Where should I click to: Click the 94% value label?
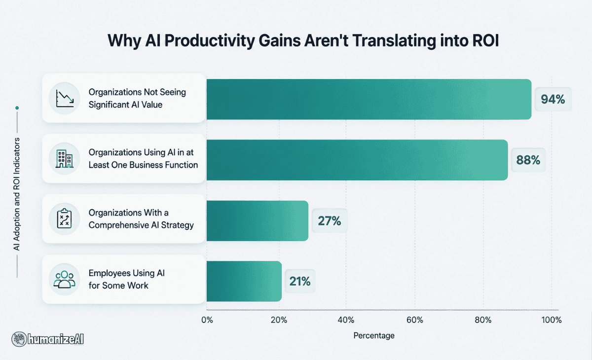pyautogui.click(x=553, y=99)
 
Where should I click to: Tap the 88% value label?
pyautogui.click(x=528, y=160)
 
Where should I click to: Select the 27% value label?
pyautogui.click(x=330, y=221)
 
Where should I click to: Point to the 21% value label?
pyautogui.click(x=300, y=281)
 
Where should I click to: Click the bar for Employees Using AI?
pyautogui.click(x=244, y=281)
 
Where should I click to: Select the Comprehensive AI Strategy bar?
pyautogui.click(x=258, y=221)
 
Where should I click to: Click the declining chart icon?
pyautogui.click(x=65, y=98)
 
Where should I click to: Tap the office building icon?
pyautogui.click(x=65, y=159)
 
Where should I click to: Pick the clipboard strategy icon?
pyautogui.click(x=64, y=218)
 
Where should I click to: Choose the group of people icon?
pyautogui.click(x=64, y=280)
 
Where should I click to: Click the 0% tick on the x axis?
pyautogui.click(x=207, y=320)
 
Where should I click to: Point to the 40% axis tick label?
pyautogui.click(x=346, y=320)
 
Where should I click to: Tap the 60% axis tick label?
pyautogui.click(x=415, y=320)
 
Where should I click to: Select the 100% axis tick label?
pyautogui.click(x=552, y=320)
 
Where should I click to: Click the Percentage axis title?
pyautogui.click(x=374, y=336)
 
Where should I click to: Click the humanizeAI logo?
pyautogui.click(x=47, y=339)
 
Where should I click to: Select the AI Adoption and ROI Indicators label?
pyautogui.click(x=17, y=194)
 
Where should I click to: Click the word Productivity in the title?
pyautogui.click(x=209, y=41)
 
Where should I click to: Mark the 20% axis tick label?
pyautogui.click(x=279, y=320)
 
